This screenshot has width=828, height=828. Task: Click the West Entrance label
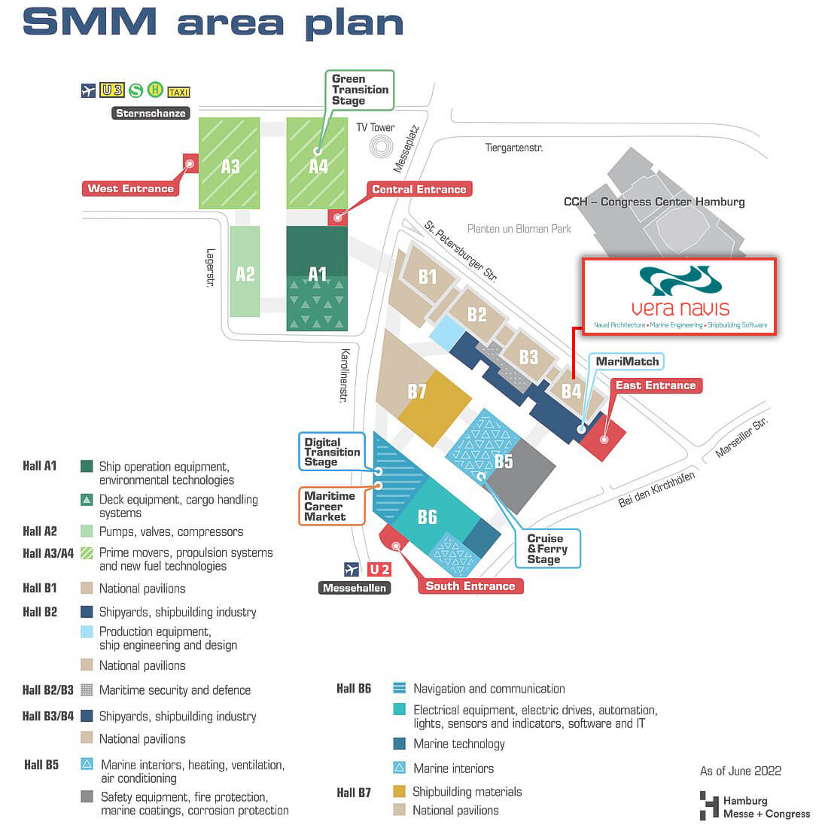point(130,188)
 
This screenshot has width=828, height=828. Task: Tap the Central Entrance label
point(419,189)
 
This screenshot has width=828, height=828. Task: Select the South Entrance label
point(470,586)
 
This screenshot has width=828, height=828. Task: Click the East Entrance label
point(656,385)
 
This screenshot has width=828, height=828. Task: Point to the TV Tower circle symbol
point(382,146)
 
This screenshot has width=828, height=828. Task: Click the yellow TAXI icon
point(178,93)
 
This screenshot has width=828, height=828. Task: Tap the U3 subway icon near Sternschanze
point(111,90)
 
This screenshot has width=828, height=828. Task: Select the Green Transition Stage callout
point(359,90)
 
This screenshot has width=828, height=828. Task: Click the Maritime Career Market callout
point(331,506)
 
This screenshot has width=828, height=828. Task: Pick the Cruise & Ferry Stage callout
point(547,549)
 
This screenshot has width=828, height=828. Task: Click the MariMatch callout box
point(627,362)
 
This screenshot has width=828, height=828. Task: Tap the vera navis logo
point(680,297)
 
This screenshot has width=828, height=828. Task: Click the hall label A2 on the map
point(245,274)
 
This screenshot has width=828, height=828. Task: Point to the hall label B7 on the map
point(417,391)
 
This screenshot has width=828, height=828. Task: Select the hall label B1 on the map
point(428,277)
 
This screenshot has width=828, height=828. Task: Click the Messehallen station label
point(355,589)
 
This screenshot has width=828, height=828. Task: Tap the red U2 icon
point(379,569)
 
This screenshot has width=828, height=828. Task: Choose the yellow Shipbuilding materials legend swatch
point(399,791)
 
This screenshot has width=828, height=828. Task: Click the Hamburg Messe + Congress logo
point(755,806)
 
